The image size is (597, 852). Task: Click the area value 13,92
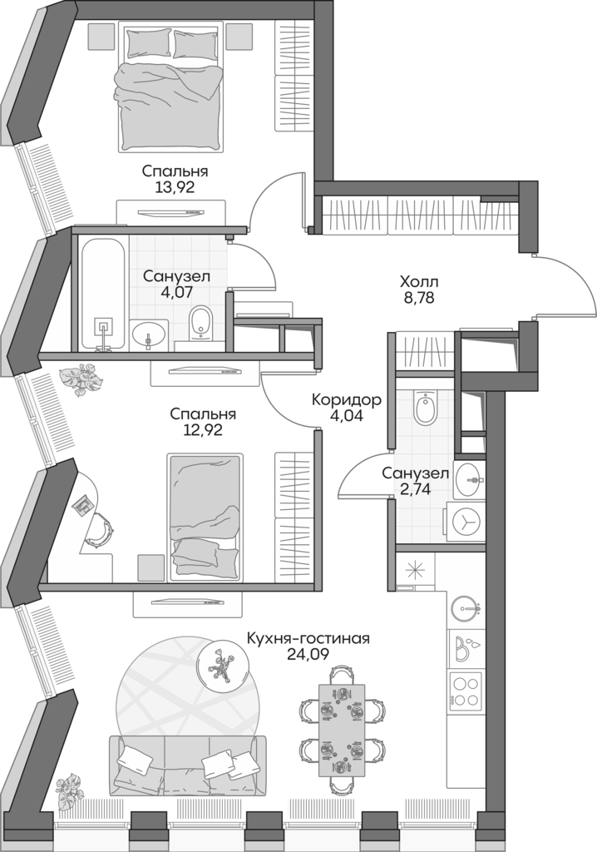click(x=175, y=188)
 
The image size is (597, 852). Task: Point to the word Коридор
click(x=347, y=400)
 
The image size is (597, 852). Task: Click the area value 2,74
click(x=416, y=489)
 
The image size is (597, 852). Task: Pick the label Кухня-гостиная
click(x=308, y=638)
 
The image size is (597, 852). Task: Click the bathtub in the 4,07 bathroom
click(x=101, y=291)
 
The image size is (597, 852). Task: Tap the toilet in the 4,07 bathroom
click(x=200, y=323)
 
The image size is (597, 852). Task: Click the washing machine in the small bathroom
click(x=467, y=521)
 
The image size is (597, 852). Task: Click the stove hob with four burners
click(x=466, y=689)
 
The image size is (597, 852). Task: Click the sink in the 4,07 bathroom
click(x=150, y=335)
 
